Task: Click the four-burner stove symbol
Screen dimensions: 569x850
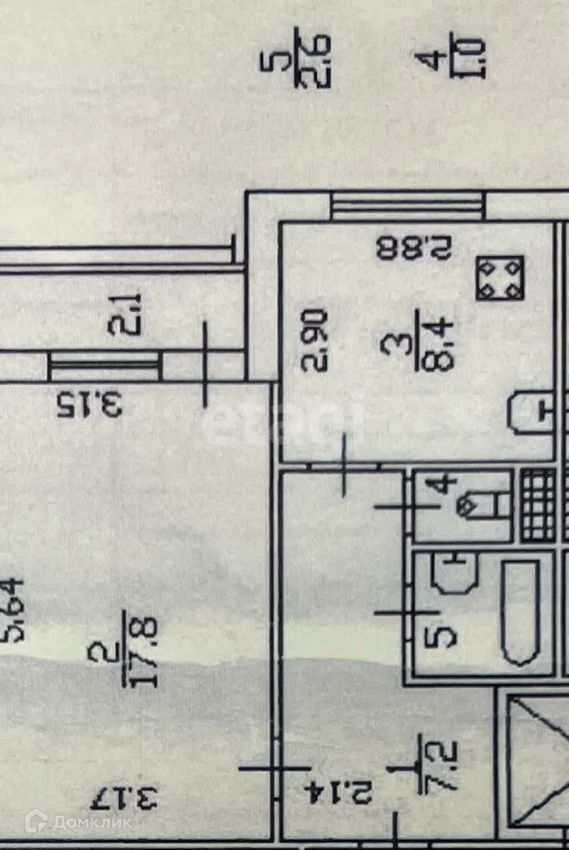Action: click(499, 278)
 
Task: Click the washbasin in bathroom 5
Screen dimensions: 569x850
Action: click(456, 572)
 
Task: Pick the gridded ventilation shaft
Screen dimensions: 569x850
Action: click(538, 505)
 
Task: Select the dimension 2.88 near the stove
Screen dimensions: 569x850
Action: click(414, 248)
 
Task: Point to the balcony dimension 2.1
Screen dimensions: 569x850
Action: click(124, 313)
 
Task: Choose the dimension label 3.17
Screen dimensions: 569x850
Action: click(124, 797)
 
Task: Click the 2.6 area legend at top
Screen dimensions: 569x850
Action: click(323, 62)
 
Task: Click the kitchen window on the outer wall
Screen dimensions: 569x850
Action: click(407, 205)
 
